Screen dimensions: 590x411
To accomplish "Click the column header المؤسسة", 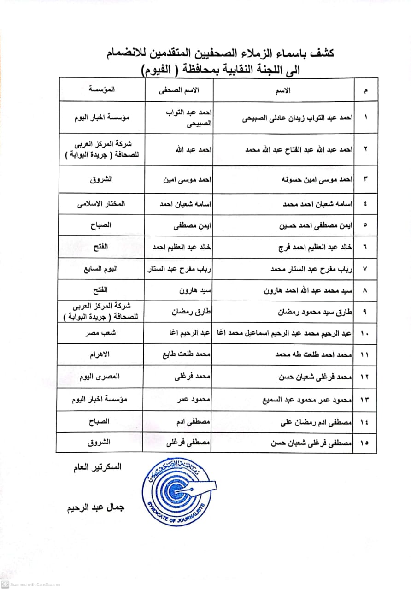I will [102, 89].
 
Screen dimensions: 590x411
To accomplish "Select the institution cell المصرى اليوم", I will [102, 377].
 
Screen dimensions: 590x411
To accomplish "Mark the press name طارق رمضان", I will [193, 312].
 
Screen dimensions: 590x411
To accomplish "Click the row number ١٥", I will [364, 443].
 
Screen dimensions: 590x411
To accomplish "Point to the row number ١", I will [365, 118].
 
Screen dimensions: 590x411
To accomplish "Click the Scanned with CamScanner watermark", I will [31, 584].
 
